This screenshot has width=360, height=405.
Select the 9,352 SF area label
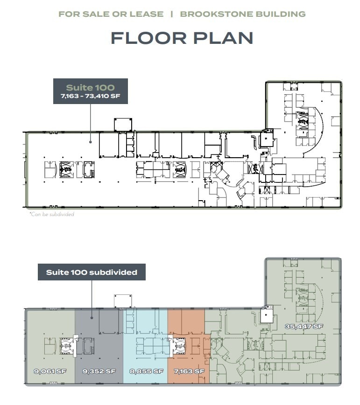(x=99, y=371)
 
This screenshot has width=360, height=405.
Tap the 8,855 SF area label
(x=146, y=371)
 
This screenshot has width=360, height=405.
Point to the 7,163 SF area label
(x=186, y=371)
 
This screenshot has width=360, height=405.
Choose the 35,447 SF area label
(x=304, y=326)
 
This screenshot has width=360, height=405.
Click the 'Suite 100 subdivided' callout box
(x=92, y=272)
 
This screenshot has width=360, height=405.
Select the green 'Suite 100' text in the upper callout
(x=90, y=87)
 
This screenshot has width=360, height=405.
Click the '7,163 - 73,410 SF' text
(x=90, y=97)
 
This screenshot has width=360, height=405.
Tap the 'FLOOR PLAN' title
(x=182, y=38)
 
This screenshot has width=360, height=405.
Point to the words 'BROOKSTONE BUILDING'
(x=242, y=14)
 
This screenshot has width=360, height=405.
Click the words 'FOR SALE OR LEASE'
(x=111, y=14)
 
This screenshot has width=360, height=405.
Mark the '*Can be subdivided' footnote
(x=51, y=214)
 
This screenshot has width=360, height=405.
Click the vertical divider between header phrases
(x=172, y=14)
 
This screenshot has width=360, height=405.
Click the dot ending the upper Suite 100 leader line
(x=90, y=141)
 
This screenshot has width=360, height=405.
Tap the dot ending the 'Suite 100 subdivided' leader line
(x=92, y=318)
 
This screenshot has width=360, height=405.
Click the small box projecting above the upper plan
(x=123, y=125)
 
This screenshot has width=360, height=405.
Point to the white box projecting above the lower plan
(x=123, y=301)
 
